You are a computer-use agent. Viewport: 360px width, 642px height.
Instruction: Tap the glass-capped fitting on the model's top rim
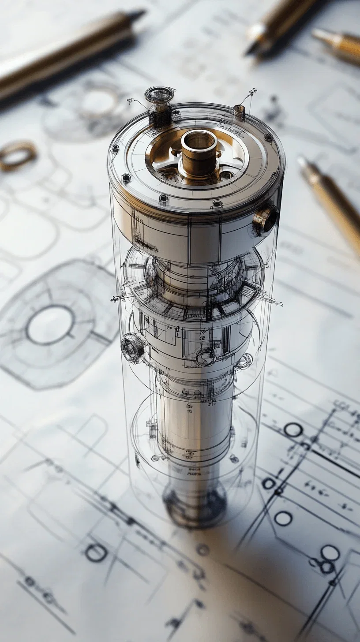coord(159,95)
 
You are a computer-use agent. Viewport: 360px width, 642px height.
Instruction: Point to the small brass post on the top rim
coord(239,112)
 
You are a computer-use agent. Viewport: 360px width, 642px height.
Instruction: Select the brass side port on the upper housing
coord(266,219)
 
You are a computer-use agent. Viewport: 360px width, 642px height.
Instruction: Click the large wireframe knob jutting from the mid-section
coord(133,348)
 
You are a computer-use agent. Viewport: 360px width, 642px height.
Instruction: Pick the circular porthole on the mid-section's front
coord(206,357)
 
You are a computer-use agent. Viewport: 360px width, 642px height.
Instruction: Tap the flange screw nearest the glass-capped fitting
coord(176,113)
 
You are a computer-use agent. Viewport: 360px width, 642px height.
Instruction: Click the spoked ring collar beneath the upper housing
coord(194,282)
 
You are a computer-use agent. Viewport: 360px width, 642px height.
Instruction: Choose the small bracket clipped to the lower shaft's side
coord(152,426)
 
